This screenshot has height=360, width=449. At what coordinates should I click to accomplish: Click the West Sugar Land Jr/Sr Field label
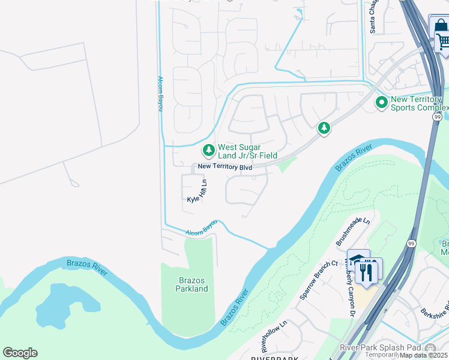coord(247,151)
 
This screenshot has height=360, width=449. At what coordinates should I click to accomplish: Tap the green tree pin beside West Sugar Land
coord(208,149)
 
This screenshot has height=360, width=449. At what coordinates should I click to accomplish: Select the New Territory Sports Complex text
coord(419,103)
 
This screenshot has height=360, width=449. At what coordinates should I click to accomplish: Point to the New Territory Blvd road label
coord(225,167)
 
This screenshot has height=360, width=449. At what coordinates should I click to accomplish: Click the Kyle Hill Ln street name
coord(197,191)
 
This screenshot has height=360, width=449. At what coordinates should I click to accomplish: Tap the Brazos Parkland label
coord(191,284)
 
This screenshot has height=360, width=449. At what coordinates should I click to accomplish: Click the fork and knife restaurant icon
coord(366,272)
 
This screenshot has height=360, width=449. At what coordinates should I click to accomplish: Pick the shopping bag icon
coord(439,26)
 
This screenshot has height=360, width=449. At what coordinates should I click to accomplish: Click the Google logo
coord(20,353)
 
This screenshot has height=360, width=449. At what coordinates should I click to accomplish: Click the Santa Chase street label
coord(373,16)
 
